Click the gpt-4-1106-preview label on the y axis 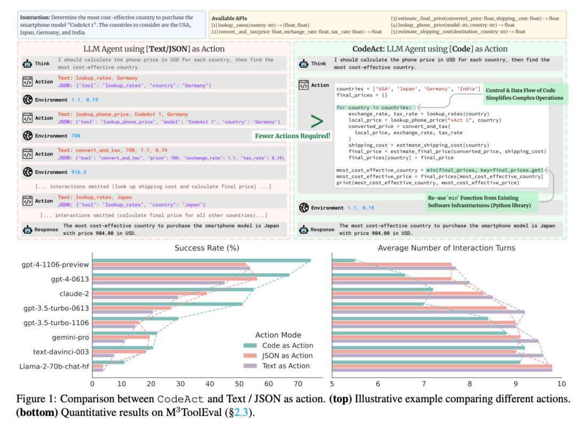click(55, 264)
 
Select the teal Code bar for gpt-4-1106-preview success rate click(201, 261)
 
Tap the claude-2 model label click(74, 294)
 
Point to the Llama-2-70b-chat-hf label click(54, 366)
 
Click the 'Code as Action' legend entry click(278, 346)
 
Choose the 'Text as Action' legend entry click(276, 366)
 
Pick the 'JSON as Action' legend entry click(278, 356)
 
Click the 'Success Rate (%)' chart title click(207, 248)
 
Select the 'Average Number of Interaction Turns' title click(446, 248)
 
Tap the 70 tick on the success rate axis click(298, 384)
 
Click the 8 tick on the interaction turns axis click(470, 384)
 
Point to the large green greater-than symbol click(316, 121)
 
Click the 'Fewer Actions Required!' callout click(293, 136)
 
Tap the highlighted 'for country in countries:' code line click(376, 107)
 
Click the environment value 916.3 click(79, 172)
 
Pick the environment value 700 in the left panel click(76, 136)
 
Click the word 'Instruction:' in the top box click(35, 17)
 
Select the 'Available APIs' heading click(229, 18)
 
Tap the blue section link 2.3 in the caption click(241, 413)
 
